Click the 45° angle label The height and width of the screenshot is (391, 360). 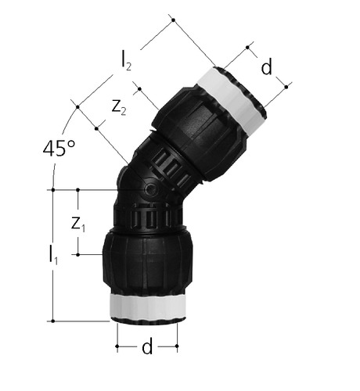click(59, 149)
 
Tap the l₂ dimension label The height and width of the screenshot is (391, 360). click(126, 63)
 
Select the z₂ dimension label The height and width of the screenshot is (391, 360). click(119, 107)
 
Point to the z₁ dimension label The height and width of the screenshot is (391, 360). click(78, 224)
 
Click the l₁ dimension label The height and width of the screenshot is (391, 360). click(53, 256)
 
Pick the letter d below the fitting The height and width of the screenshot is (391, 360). click(147, 346)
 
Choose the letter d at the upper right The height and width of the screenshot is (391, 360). click(266, 66)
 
